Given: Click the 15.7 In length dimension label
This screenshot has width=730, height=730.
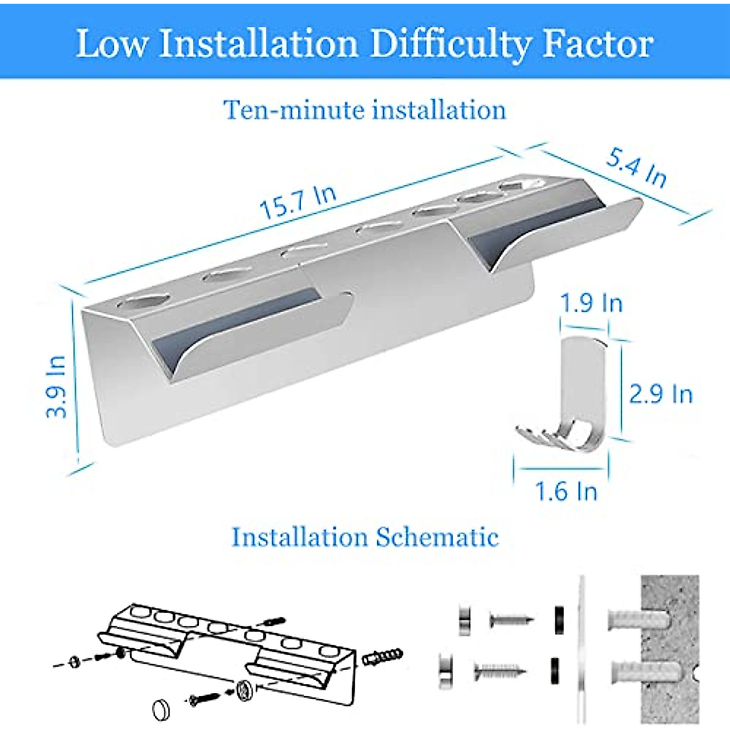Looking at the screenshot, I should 297,202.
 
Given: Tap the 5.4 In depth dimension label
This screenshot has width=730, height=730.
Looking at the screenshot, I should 636,168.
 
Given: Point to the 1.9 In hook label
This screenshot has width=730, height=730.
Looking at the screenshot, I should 591,302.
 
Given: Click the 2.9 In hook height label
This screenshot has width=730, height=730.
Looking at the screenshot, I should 661,394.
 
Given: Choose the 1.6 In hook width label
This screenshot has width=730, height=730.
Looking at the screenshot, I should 566,491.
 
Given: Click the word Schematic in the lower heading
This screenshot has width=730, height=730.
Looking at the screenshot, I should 437,537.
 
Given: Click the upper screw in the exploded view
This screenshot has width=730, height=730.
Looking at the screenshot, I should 512,620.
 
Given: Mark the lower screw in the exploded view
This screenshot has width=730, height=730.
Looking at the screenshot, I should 500,671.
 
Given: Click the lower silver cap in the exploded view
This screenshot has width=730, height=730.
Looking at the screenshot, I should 447,670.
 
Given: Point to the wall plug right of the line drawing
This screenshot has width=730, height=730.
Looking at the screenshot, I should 382,658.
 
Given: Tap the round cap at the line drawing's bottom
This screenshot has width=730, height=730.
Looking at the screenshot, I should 161,709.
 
